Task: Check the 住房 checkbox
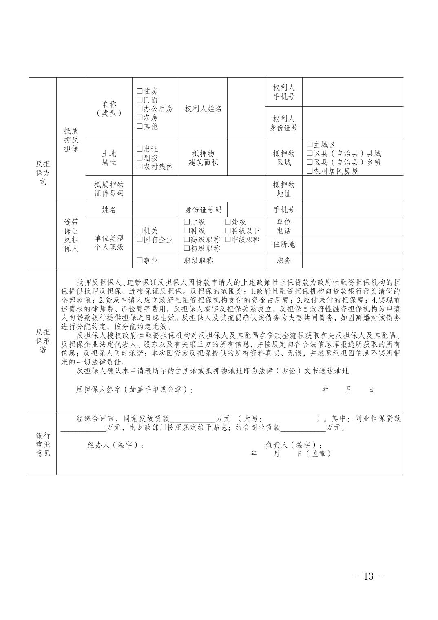139,91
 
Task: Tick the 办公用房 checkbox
139,109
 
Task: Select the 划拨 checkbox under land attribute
139,158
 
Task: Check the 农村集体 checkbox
139,167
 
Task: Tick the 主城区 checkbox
310,145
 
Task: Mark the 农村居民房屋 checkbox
310,171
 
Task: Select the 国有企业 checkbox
139,240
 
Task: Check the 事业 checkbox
139,261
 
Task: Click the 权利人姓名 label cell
203,109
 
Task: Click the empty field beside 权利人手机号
352,92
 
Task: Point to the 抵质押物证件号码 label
109,189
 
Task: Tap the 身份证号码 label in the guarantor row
203,210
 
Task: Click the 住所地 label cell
283,244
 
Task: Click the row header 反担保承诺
42,341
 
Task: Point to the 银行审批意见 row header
42,444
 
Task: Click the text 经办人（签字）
116,445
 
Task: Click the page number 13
368,576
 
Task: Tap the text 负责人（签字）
294,445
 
